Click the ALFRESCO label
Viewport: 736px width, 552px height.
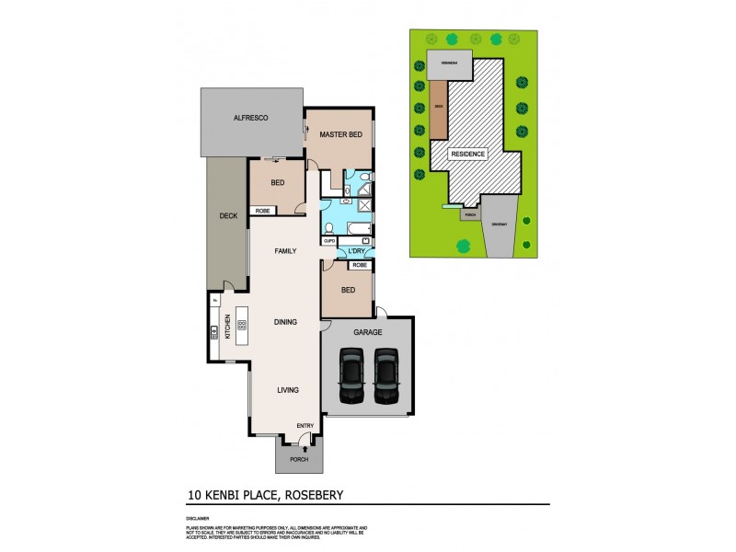[x=249, y=119]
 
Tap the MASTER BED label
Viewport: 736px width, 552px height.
[x=340, y=135]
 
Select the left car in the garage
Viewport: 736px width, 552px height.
[x=351, y=375]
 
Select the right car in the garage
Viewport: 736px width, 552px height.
[x=385, y=375]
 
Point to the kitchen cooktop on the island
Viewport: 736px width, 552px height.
[x=243, y=324]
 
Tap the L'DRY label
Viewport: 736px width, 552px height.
[x=356, y=251]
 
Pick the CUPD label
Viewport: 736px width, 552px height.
[x=328, y=241]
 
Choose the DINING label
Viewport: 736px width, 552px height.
[x=287, y=322]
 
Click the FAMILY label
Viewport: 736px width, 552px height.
[x=287, y=250]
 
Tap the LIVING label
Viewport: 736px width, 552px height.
[x=288, y=390]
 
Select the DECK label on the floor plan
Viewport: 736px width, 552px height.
[x=228, y=216]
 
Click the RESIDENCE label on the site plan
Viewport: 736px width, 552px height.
[x=467, y=154]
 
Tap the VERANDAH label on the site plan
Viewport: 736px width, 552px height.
[x=448, y=63]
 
